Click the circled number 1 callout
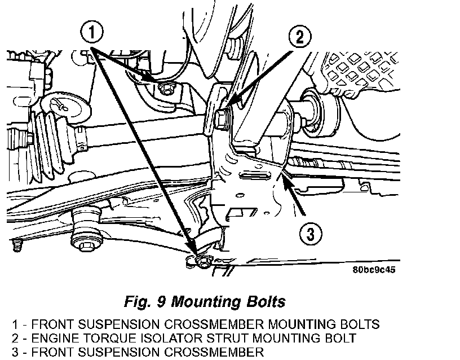[x=91, y=32]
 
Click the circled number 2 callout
[x=299, y=37]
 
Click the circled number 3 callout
[x=311, y=234]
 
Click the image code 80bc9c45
[x=374, y=270]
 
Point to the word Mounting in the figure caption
[x=206, y=301]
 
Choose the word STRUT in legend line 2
[x=227, y=338]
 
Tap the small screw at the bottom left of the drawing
[x=17, y=245]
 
